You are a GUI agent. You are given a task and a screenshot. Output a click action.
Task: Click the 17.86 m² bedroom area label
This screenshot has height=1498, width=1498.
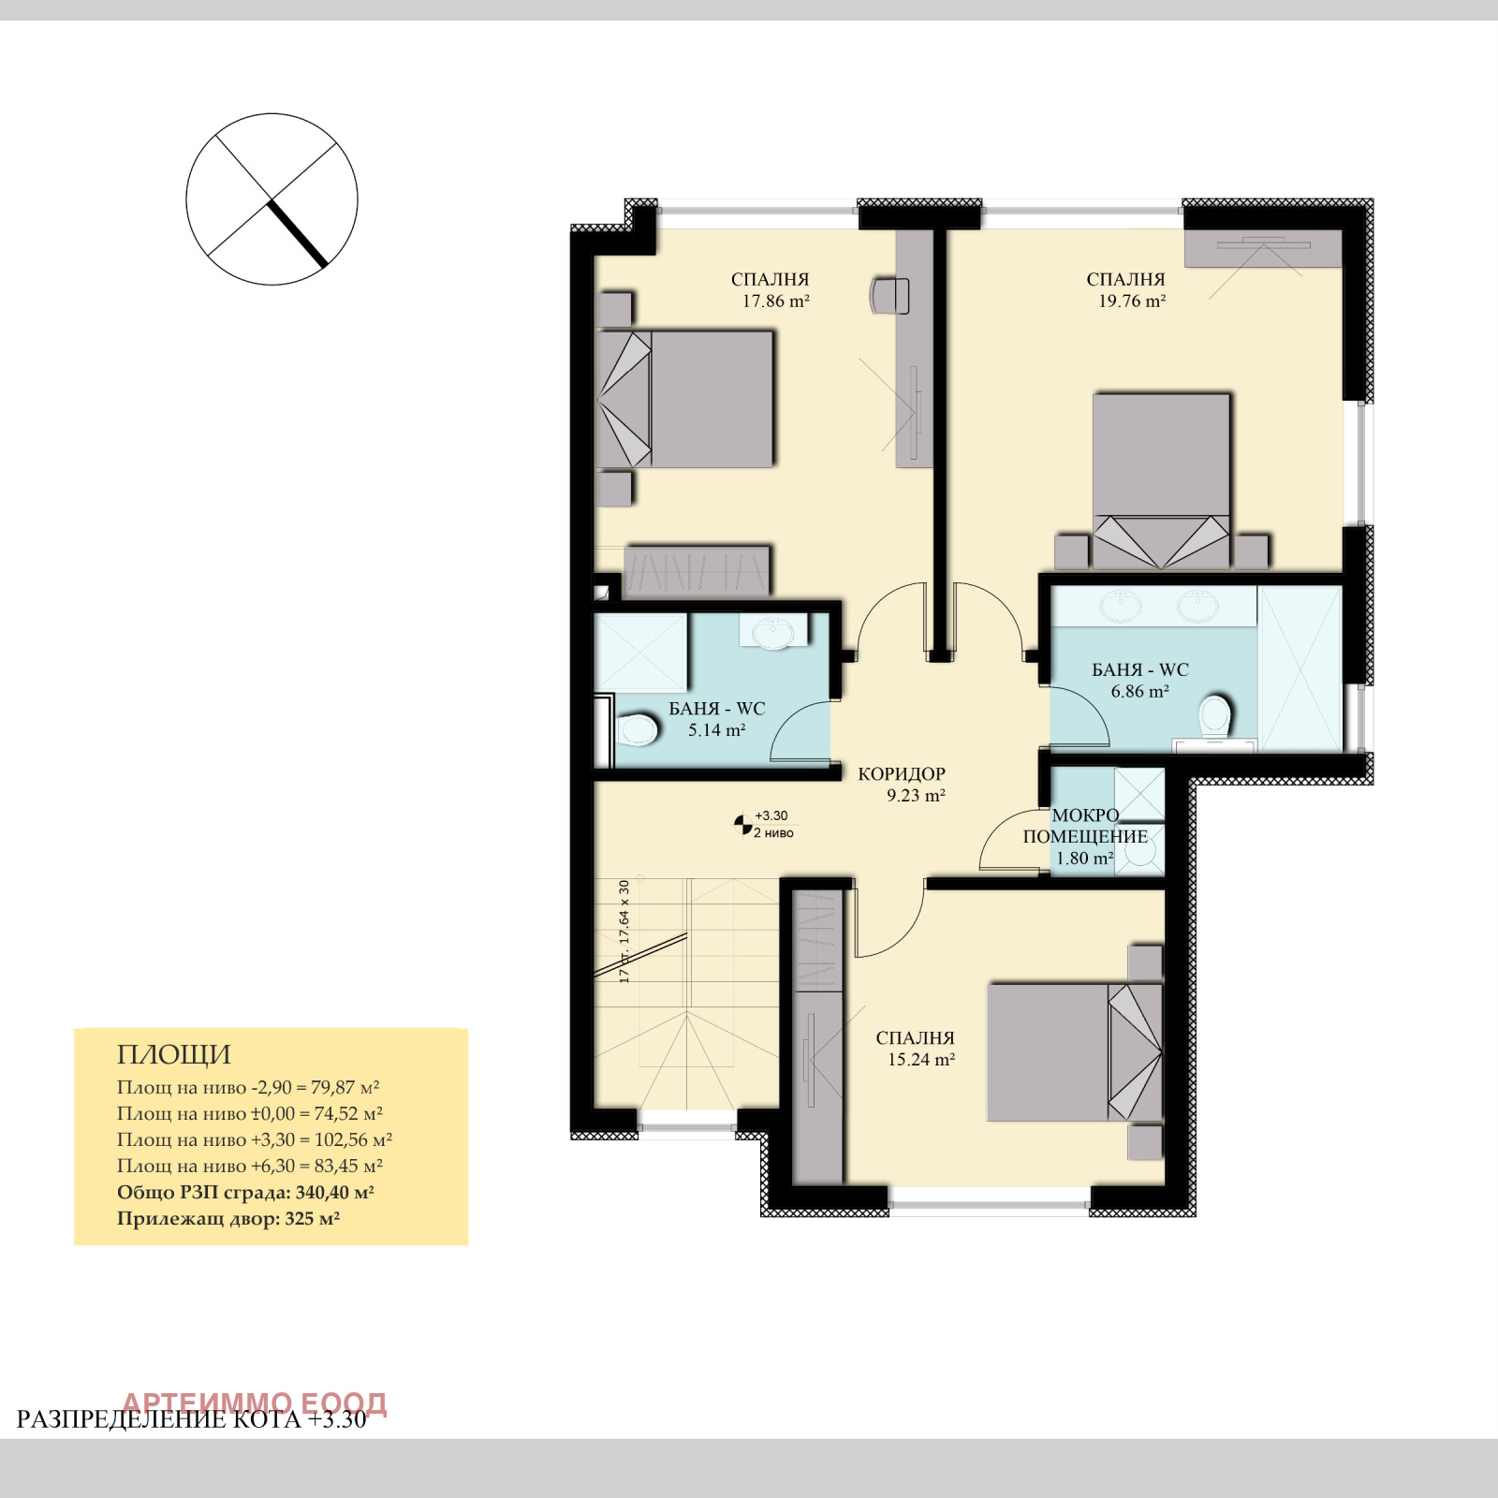(775, 301)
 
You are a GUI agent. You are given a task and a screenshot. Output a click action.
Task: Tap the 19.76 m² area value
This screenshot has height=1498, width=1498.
(1132, 301)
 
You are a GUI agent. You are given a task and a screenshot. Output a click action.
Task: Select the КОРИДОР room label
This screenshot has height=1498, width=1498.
(902, 774)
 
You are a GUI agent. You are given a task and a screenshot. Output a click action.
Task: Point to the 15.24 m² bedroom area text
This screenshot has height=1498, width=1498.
(921, 1060)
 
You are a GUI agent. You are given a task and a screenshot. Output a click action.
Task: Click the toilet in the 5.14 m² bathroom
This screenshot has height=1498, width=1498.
(638, 729)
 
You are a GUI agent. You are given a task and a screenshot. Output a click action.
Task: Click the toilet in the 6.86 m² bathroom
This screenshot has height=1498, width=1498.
(1215, 716)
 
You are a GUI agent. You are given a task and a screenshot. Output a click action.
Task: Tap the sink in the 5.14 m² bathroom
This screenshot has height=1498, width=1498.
(773, 632)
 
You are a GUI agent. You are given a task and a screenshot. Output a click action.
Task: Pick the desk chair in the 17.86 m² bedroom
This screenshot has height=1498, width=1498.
(889, 296)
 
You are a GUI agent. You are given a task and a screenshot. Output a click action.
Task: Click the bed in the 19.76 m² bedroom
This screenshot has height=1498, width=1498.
(1161, 481)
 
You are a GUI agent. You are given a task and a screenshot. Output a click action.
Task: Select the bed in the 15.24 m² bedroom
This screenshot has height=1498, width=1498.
(1075, 1052)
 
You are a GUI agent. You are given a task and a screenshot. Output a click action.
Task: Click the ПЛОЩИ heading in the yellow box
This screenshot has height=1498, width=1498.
(174, 1055)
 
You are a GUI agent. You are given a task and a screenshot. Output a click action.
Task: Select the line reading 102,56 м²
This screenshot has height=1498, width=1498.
(255, 1140)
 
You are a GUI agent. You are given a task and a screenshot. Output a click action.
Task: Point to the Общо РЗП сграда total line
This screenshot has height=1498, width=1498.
(245, 1193)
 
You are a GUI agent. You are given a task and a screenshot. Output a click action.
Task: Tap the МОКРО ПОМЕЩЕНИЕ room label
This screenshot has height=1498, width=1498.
(1085, 826)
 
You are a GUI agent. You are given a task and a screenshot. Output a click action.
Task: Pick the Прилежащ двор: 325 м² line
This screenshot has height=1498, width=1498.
(228, 1219)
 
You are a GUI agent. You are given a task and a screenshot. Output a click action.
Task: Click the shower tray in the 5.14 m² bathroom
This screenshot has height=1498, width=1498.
(641, 653)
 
